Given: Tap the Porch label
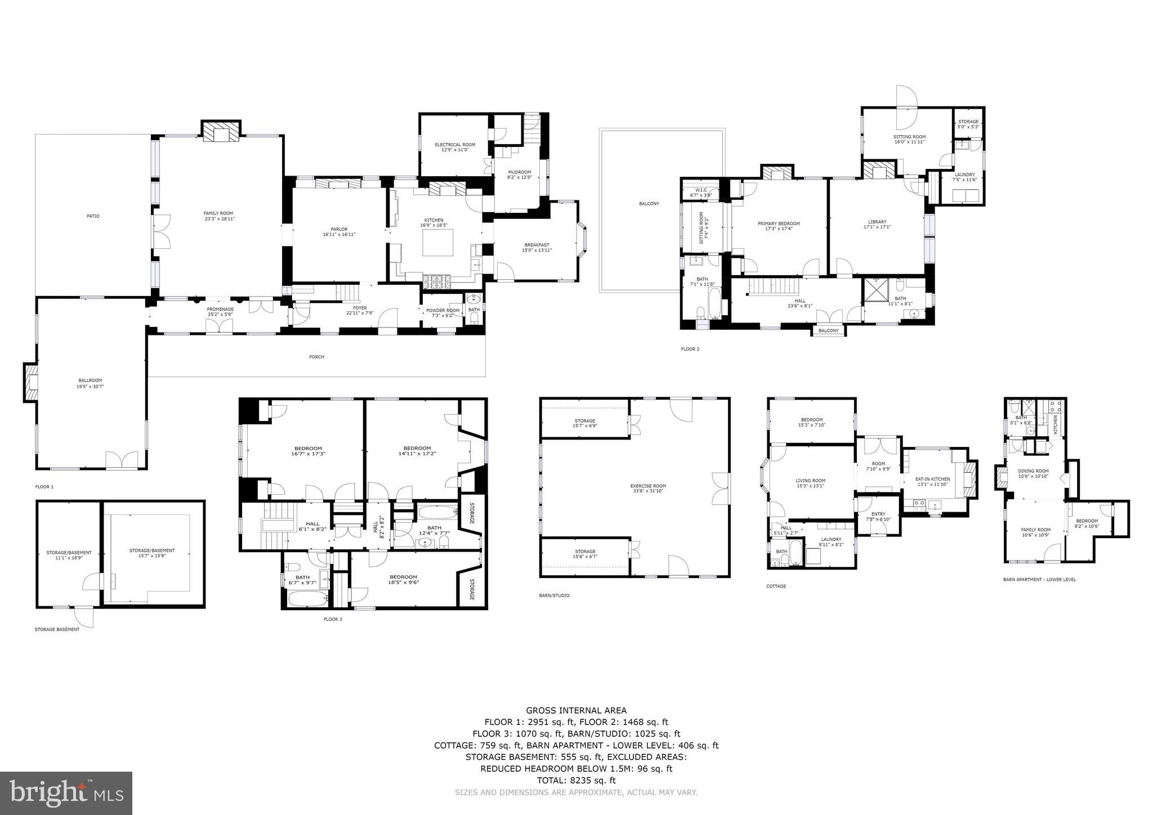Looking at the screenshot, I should click(316, 357).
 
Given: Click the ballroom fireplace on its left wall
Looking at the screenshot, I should click(31, 383).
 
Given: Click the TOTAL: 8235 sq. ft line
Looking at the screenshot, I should click(576, 780).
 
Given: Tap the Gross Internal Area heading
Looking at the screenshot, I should click(576, 710).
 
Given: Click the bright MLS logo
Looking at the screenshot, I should click(66, 793).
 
